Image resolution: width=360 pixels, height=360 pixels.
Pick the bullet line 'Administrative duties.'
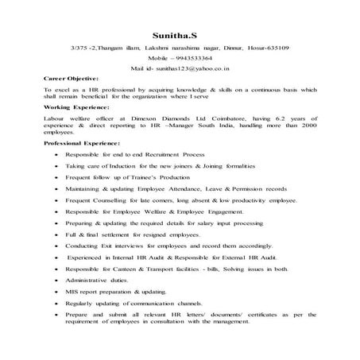(98, 281)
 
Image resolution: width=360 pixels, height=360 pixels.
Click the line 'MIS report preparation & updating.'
(115, 292)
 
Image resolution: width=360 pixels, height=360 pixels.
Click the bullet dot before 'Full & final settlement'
(53, 236)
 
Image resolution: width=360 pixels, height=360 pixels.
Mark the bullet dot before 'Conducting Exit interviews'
(53, 247)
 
